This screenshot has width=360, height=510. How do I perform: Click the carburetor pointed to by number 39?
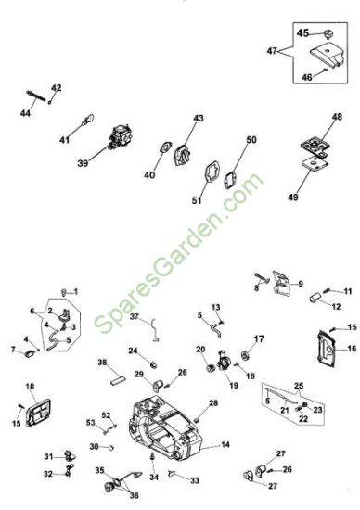[121, 137]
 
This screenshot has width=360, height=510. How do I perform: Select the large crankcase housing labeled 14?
[166, 428]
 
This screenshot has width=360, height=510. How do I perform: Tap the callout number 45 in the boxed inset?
[302, 32]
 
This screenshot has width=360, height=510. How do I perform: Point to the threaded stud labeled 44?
[36, 96]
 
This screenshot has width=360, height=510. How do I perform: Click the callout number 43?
[199, 118]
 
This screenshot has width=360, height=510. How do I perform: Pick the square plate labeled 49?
[315, 163]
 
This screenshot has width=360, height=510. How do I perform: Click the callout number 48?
[337, 117]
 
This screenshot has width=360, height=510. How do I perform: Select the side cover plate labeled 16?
[326, 349]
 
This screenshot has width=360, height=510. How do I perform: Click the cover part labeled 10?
[38, 413]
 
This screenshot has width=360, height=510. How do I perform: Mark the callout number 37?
[135, 316]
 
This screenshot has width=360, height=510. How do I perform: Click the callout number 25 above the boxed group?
[299, 386]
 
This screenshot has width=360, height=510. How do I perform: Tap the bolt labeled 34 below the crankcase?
[152, 457]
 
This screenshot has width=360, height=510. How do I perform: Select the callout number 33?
[195, 480]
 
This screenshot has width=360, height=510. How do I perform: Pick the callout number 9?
[300, 284]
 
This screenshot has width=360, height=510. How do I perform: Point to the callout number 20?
[200, 350]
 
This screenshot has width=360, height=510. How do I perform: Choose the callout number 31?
[48, 456]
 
